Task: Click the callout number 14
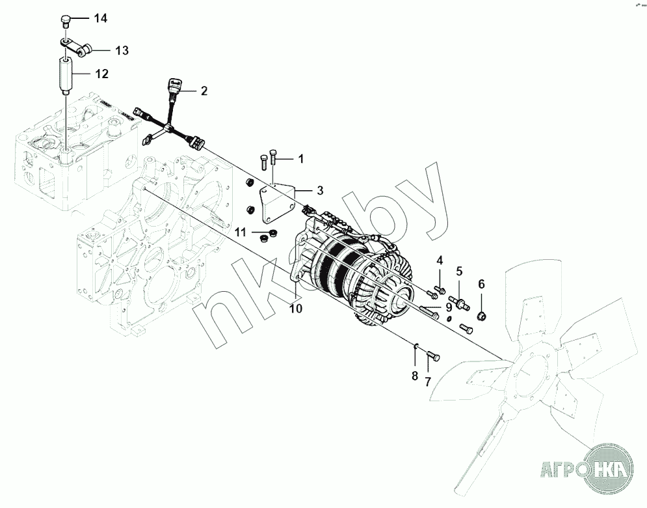click(x=100, y=18)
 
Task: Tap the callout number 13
click(x=122, y=50)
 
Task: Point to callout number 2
click(x=204, y=91)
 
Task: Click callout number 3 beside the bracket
click(x=319, y=191)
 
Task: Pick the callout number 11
click(x=241, y=232)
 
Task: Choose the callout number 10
click(x=296, y=309)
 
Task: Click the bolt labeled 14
click(x=65, y=20)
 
